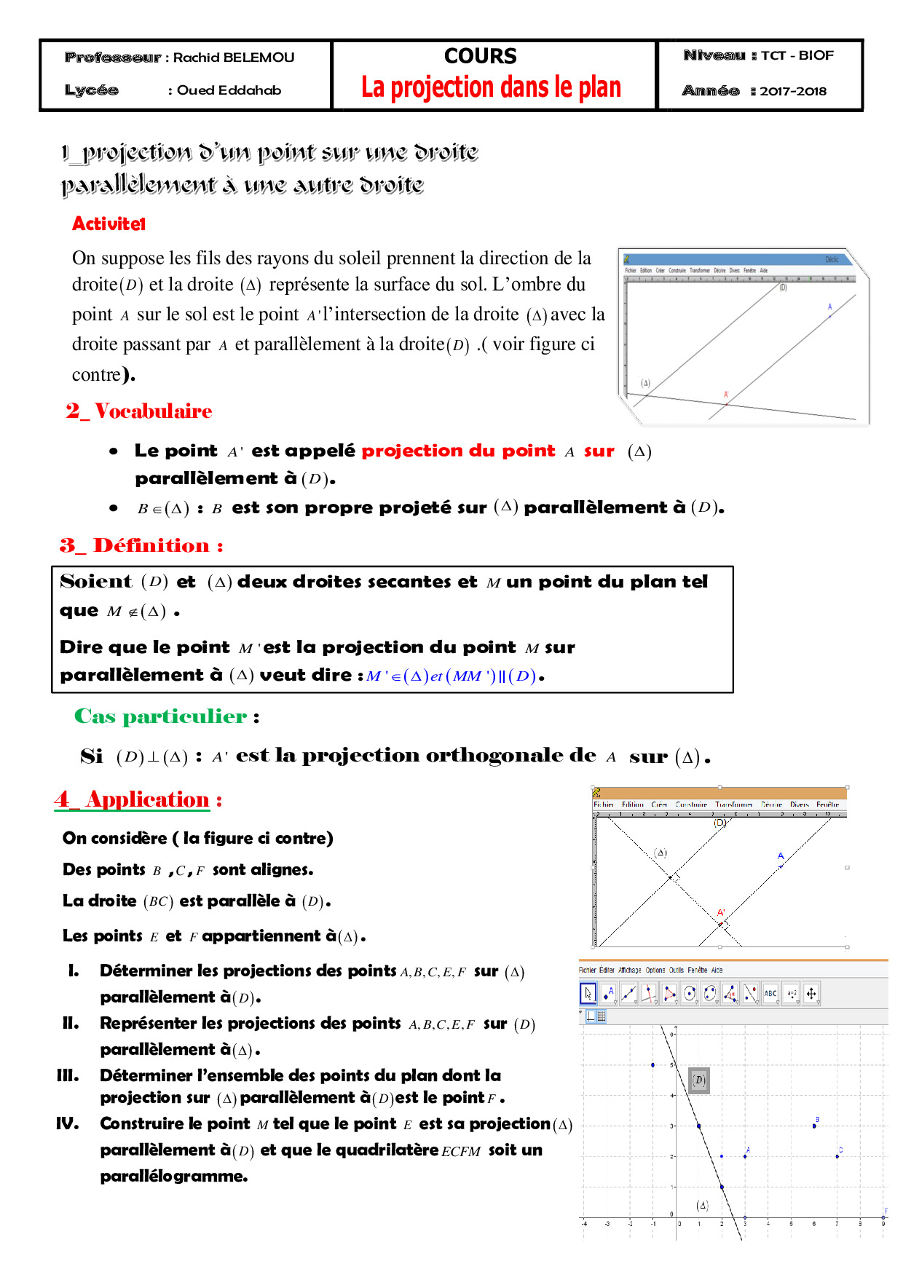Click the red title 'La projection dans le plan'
tap(491, 87)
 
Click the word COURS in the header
tap(480, 56)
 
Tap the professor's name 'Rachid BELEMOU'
tap(234, 58)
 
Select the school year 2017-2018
tap(793, 92)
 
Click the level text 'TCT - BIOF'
tap(797, 55)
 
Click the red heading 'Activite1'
tap(109, 224)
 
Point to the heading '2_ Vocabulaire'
tap(139, 411)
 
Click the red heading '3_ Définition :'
tap(141, 545)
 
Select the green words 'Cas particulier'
tap(160, 716)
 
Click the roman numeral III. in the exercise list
tap(68, 1075)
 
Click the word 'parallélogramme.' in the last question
tap(174, 1177)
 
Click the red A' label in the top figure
tap(726, 395)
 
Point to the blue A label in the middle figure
tap(781, 856)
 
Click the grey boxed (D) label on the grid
tap(699, 1080)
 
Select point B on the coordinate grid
tap(814, 1126)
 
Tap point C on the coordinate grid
tap(837, 1156)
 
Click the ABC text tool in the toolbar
tap(770, 994)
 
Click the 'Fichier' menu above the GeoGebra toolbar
tap(587, 970)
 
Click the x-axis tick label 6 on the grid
tap(813, 1224)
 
